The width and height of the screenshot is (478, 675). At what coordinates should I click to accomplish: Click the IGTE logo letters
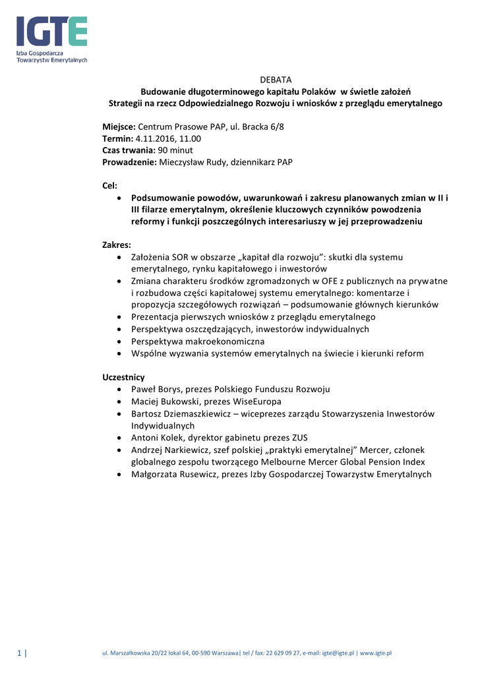pyautogui.click(x=51, y=32)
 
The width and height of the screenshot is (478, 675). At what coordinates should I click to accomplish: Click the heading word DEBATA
pyautogui.click(x=276, y=80)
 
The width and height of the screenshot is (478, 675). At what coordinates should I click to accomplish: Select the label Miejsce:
pyautogui.click(x=119, y=127)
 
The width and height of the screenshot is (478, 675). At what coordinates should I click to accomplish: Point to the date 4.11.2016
pyautogui.click(x=156, y=138)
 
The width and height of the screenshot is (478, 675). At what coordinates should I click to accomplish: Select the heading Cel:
pyautogui.click(x=109, y=186)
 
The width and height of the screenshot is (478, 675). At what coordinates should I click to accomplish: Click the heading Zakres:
pyautogui.click(x=117, y=245)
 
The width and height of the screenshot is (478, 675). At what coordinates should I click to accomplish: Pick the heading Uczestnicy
pyautogui.click(x=123, y=377)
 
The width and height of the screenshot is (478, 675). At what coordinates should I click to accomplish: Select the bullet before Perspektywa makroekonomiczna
pyautogui.click(x=118, y=341)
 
